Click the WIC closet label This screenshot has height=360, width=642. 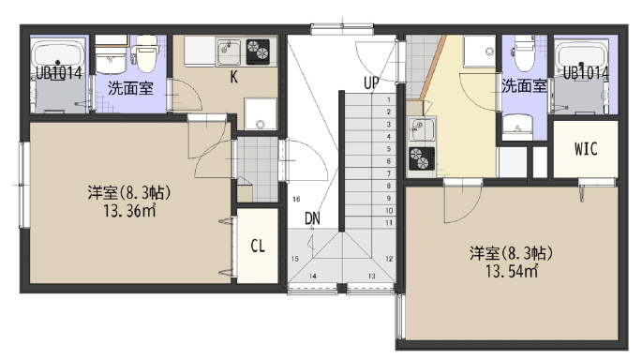point(586,149)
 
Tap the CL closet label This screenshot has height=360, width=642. point(258,246)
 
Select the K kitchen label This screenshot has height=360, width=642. point(233,77)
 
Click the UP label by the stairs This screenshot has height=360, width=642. point(371,83)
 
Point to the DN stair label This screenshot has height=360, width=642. point(312,218)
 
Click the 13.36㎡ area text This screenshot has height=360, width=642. point(129,211)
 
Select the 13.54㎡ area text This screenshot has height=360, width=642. point(512,271)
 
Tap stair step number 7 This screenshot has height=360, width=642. point(389,173)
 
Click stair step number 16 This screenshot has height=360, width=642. point(296,199)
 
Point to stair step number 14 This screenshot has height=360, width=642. point(312,276)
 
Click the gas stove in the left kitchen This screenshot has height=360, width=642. point(258,52)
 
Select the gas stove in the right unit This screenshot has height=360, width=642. point(422,158)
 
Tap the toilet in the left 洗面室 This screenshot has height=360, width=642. point(146,52)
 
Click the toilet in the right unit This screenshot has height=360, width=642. point(525,52)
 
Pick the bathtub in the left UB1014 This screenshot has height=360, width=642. point(58,56)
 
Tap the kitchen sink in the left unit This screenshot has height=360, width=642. point(229,52)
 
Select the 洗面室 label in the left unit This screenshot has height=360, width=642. point(130,88)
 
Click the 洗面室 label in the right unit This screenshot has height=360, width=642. point(525,86)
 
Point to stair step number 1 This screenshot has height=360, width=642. point(389,99)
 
